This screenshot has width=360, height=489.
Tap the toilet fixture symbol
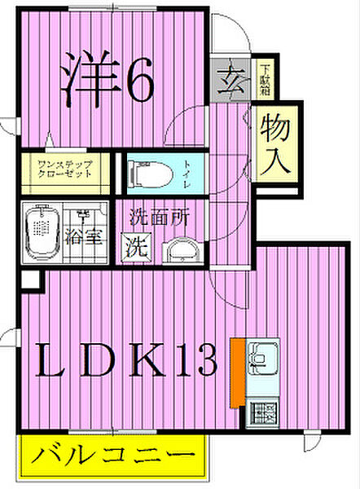151,173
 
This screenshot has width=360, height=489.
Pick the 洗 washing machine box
134,246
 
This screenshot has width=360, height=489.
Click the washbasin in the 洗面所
180,250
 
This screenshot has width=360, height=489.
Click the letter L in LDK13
51,359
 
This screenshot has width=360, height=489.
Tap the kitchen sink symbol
264,355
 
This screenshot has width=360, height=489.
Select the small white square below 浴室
29,280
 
